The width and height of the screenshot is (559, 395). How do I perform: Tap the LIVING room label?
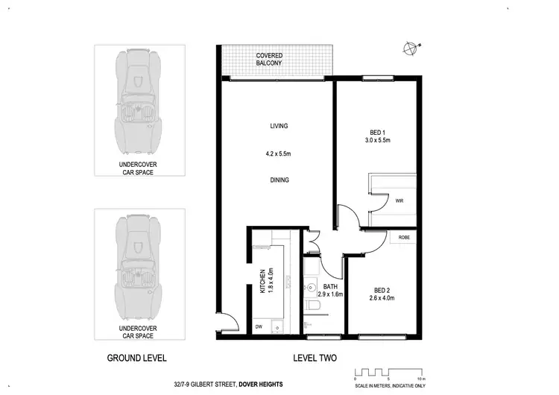[279, 126]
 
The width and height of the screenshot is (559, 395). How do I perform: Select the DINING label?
[279, 180]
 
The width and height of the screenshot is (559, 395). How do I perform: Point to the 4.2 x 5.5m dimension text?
[279, 154]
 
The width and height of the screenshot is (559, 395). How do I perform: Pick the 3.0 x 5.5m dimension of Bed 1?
[377, 140]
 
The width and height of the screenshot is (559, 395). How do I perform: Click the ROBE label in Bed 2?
[404, 238]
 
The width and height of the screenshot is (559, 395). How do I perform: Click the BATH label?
[330, 286]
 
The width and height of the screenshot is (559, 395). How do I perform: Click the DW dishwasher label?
[258, 326]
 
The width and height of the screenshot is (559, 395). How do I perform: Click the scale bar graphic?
[388, 370]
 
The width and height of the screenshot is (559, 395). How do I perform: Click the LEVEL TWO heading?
[315, 357]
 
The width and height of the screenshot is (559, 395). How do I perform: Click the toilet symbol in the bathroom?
[311, 307]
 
